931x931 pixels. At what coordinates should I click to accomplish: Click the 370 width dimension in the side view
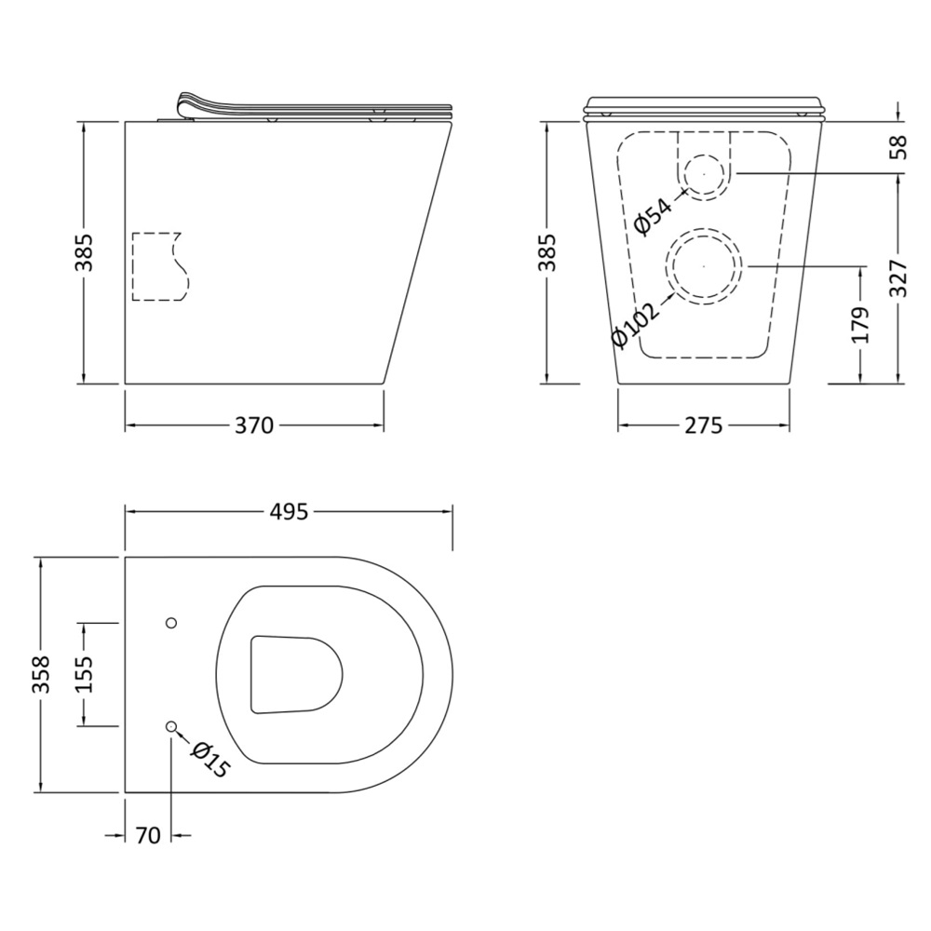coord(254,425)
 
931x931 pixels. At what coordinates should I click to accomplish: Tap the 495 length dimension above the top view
coord(289,511)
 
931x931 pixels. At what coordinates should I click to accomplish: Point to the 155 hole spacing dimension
coord(86,674)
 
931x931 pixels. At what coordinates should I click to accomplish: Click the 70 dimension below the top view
coord(148,835)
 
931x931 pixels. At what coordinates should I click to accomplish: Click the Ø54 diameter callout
coord(654,215)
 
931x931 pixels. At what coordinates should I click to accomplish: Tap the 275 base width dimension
coord(704,425)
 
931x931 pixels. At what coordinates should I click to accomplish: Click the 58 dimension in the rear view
coord(899,147)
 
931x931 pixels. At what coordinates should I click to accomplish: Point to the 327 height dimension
coord(899,277)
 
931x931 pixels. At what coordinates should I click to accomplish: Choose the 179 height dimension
coord(860,325)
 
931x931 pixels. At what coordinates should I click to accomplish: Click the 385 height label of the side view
coord(85,252)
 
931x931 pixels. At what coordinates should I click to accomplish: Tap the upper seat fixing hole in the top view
coord(171,622)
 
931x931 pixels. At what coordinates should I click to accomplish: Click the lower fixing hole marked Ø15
coord(171,727)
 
